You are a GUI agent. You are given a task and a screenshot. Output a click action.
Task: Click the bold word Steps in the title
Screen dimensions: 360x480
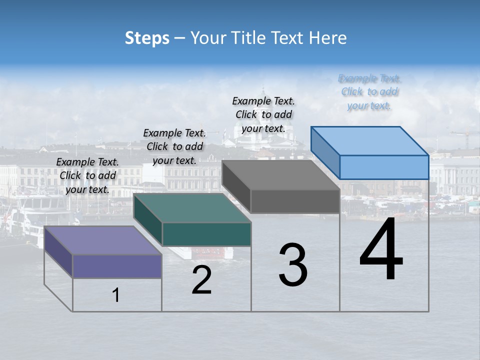(x=147, y=38)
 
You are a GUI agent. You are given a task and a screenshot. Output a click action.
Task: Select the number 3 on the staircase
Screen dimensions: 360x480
(x=293, y=265)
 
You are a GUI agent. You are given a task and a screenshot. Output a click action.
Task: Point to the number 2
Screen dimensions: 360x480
(x=201, y=280)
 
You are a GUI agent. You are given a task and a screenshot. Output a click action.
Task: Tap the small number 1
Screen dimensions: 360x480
(x=116, y=295)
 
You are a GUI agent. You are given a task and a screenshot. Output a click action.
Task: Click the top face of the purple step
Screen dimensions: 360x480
(x=102, y=240)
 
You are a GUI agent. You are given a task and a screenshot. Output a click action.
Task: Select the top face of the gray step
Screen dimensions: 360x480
(x=280, y=175)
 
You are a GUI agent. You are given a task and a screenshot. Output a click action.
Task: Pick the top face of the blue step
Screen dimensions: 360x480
(x=369, y=141)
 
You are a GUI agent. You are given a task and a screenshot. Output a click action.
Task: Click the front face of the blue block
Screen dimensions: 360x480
(x=384, y=167)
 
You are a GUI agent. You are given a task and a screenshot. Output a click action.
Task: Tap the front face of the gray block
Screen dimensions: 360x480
(x=295, y=201)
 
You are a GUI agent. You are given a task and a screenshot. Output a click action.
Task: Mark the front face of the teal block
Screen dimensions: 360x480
(x=206, y=234)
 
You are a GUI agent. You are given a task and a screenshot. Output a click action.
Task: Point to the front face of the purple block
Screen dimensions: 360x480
(x=117, y=266)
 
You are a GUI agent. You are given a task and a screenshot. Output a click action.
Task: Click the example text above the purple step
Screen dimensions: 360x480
(x=87, y=175)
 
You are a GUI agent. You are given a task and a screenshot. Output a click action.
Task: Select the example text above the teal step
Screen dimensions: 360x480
(x=174, y=146)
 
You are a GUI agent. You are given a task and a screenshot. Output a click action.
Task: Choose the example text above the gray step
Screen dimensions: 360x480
(x=263, y=114)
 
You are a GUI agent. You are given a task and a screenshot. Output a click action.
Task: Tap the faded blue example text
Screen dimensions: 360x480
(x=369, y=92)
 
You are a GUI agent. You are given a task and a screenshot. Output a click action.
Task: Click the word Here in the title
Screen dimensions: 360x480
(x=327, y=38)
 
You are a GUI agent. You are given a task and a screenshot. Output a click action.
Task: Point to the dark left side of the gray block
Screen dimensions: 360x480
(x=236, y=186)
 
